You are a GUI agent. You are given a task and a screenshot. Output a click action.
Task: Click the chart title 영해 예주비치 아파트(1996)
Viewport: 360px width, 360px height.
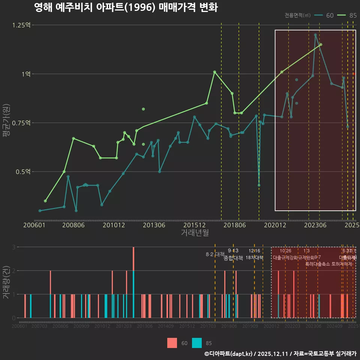pyautogui.click(x=126, y=7)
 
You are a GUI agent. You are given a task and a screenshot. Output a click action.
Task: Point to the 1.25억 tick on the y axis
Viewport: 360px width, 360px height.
pyautogui.click(x=22, y=25)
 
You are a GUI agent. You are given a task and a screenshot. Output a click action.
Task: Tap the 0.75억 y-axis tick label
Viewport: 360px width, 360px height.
pyautogui.click(x=22, y=123)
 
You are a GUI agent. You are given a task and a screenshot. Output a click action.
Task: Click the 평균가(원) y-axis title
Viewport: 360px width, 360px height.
pyautogui.click(x=6, y=122)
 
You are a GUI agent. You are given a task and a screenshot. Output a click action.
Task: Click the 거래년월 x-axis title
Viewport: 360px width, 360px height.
pyautogui.click(x=195, y=233)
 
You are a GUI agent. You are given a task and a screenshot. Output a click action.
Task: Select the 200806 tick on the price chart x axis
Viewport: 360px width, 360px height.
pyautogui.click(x=73, y=225)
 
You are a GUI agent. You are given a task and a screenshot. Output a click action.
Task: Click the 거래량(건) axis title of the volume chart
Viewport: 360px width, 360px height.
pyautogui.click(x=6, y=282)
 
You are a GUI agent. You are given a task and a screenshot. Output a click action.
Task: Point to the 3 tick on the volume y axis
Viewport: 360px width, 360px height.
pyautogui.click(x=13, y=247)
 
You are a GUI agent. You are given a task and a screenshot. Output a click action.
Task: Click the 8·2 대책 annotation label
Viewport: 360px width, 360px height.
pyautogui.click(x=215, y=254)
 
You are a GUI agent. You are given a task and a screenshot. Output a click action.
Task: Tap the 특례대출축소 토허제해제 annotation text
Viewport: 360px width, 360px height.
pyautogui.click(x=328, y=264)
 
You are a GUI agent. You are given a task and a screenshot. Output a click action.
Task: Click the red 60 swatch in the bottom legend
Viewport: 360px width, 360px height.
pyautogui.click(x=172, y=343)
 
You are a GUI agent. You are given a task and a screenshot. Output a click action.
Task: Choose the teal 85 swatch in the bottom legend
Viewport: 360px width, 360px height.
pyautogui.click(x=197, y=343)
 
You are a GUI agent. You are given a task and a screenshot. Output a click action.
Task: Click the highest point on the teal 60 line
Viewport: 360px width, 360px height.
pyautogui.click(x=315, y=35)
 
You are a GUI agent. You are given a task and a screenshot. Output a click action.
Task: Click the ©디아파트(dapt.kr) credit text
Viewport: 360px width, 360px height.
pyautogui.click(x=229, y=354)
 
